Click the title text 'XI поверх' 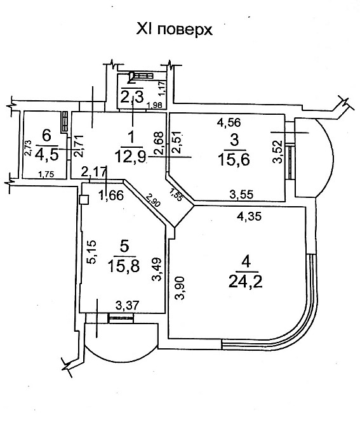(x=174, y=30)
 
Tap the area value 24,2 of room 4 (x=246, y=281)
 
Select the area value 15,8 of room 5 (x=124, y=266)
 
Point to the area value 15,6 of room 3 (x=234, y=160)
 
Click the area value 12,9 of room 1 (x=131, y=157)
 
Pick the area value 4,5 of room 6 (x=46, y=155)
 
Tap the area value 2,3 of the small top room (x=131, y=97)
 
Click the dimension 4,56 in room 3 (x=229, y=122)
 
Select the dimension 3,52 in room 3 (x=277, y=152)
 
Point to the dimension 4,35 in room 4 (x=250, y=216)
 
